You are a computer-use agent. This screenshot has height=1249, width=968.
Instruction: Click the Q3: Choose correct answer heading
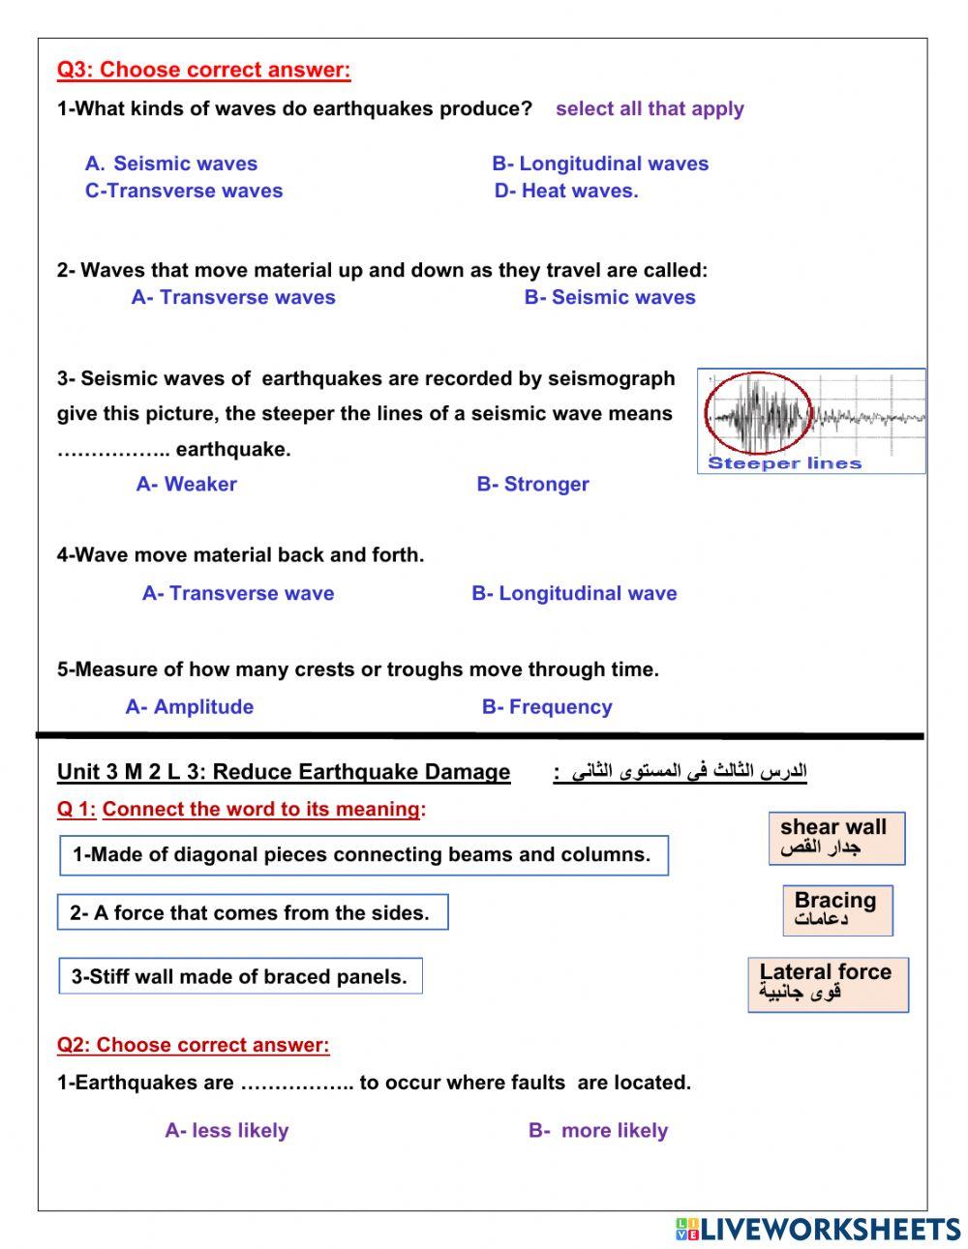pos(203,70)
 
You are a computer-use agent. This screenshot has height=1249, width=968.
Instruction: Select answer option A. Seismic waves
pos(171,164)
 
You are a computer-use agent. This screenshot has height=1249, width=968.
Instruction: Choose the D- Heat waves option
pos(566,191)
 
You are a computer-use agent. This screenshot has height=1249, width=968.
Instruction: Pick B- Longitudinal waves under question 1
pos(600,164)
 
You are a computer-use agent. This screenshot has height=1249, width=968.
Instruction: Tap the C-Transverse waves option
pos(184,191)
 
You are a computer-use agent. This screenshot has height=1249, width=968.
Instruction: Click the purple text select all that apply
pos(650,108)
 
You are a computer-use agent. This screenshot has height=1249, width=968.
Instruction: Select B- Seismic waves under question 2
pos(610,297)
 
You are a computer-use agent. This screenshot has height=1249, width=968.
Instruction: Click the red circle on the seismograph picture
pos(758,413)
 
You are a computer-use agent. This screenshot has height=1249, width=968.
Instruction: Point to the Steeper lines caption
pos(784,463)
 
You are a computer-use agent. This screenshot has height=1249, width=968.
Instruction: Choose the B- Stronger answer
pos(532,484)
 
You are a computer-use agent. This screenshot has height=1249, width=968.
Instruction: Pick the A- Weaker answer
pos(187,484)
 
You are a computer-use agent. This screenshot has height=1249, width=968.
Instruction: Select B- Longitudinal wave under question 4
pos(574,593)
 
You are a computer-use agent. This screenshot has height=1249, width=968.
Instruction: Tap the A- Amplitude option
pos(190,707)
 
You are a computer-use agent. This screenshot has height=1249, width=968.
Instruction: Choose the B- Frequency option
pos(547,707)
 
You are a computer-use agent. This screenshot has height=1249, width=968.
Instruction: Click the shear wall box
pos(836,838)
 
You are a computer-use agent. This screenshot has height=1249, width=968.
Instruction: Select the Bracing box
pos(837,910)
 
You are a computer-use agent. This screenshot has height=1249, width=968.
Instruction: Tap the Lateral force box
pos(828,985)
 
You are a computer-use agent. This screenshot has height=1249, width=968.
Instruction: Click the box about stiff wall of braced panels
pos(240,976)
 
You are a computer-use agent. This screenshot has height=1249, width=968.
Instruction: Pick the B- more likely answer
pos(598,1130)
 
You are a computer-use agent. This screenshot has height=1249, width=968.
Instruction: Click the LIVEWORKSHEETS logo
pos(818,1230)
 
